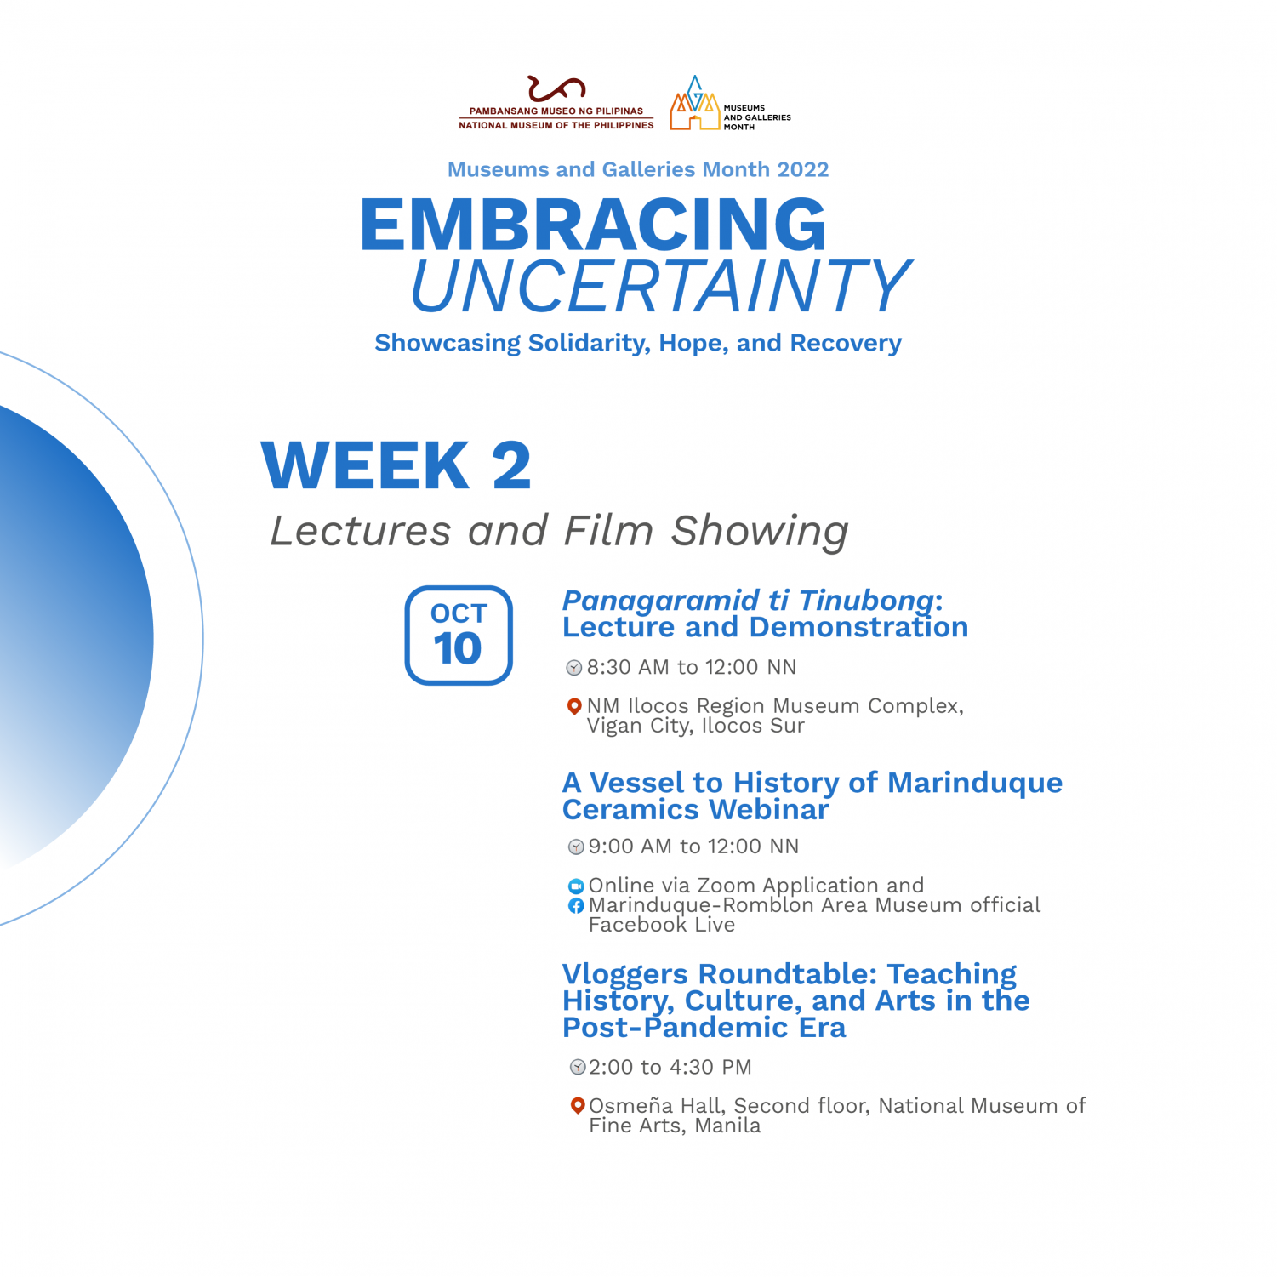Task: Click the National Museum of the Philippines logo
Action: tap(556, 103)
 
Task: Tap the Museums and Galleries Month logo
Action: tap(730, 103)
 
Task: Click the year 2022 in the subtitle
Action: tap(802, 169)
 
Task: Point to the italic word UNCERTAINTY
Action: tap(661, 286)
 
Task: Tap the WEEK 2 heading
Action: tap(396, 465)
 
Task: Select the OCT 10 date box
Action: tap(459, 635)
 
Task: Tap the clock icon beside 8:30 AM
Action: tap(574, 668)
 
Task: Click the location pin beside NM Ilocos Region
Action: tap(574, 707)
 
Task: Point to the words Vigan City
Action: tap(640, 727)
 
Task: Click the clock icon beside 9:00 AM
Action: tap(576, 847)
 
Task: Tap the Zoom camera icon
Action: tap(576, 886)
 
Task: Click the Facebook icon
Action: tap(576, 906)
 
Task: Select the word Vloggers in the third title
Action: tap(625, 974)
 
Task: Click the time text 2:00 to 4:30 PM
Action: tap(670, 1067)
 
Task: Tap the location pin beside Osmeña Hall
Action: tap(578, 1106)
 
